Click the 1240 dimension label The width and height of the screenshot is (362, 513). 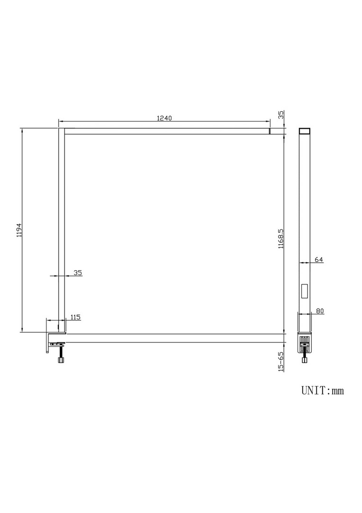point(164,118)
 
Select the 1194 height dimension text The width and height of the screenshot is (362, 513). point(19,230)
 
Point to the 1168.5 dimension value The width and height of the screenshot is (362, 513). point(281,239)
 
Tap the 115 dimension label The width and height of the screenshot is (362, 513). point(75,317)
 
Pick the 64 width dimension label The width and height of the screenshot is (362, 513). point(319,259)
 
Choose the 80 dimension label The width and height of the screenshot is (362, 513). point(320,311)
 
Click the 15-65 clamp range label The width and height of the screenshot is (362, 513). point(281,361)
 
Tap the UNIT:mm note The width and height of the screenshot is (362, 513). point(323,390)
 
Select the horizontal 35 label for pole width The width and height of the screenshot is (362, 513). point(78,272)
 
